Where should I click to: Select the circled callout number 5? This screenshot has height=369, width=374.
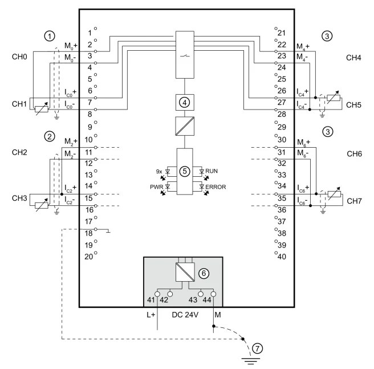coord(184,171)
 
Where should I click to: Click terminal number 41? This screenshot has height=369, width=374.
coord(150,300)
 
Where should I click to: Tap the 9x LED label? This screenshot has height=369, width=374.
coord(159,171)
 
